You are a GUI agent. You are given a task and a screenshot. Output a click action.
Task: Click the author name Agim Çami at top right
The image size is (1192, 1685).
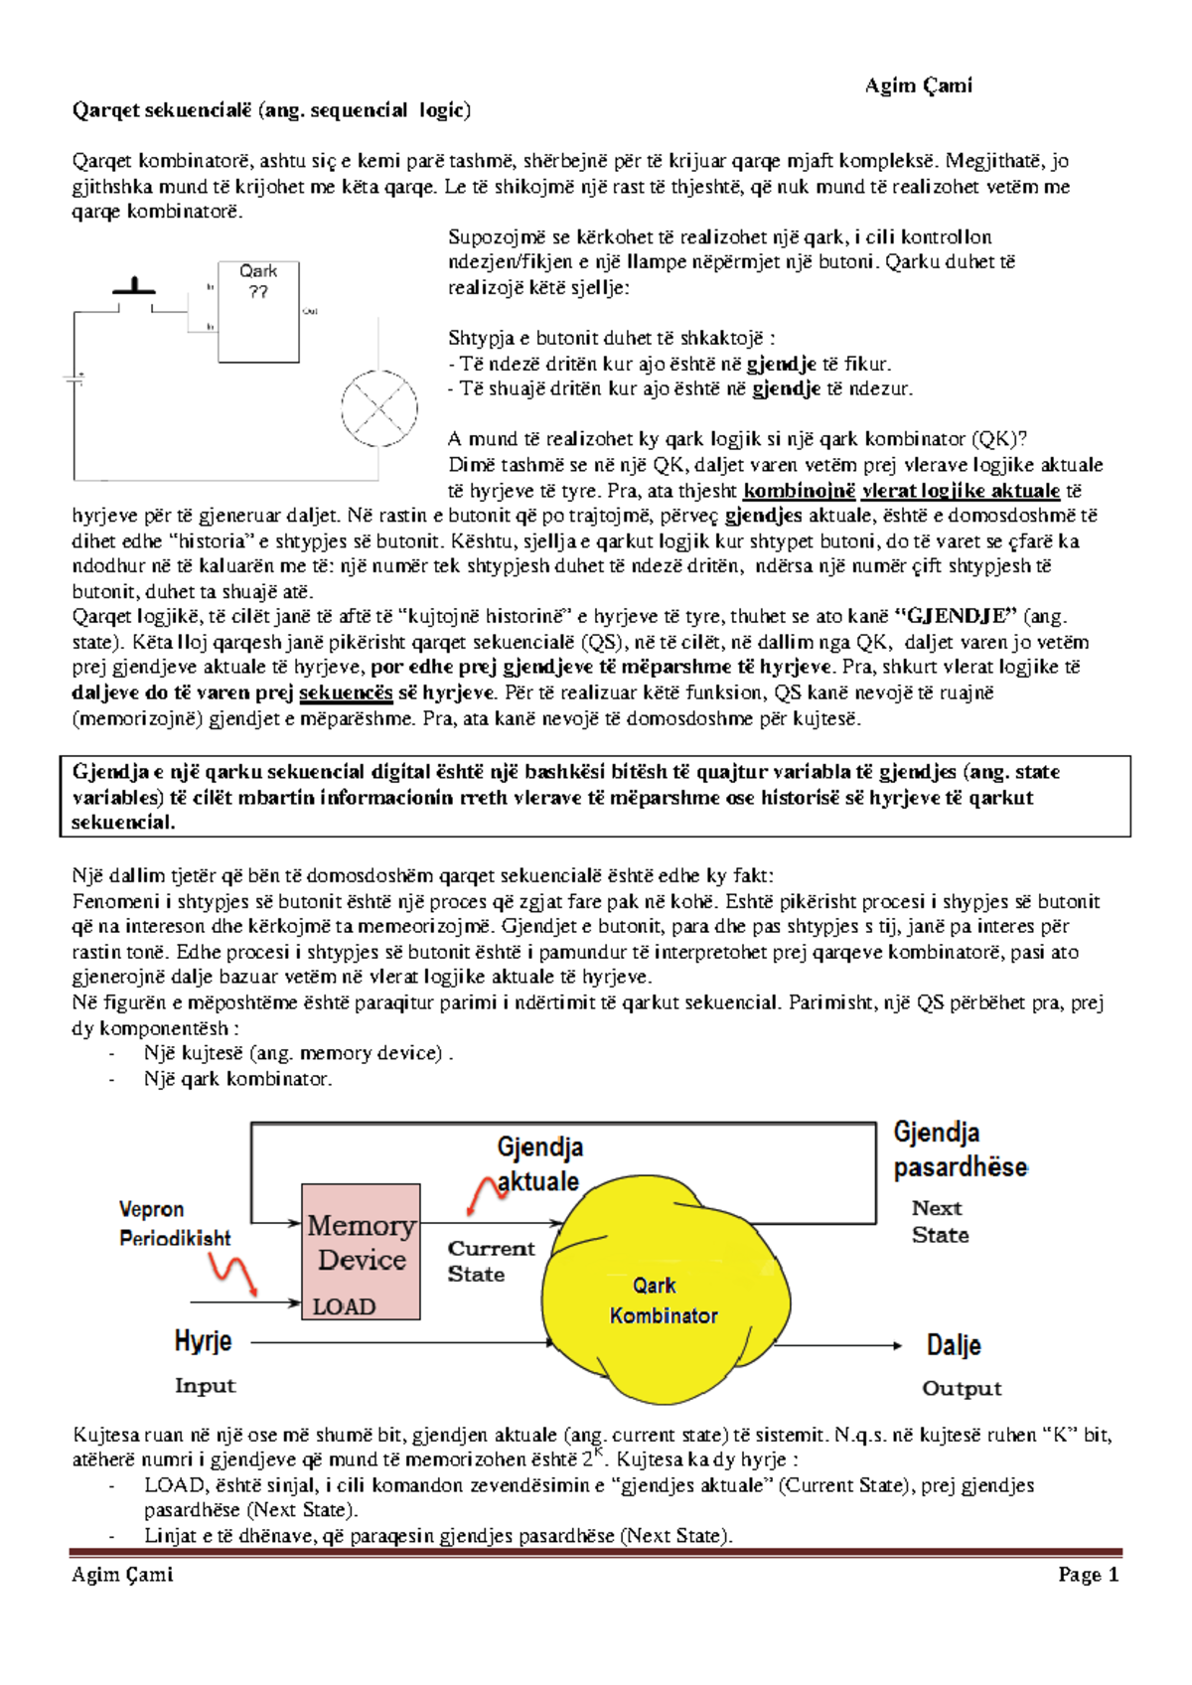(918, 85)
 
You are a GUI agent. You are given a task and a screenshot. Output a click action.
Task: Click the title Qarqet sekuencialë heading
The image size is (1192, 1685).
(270, 110)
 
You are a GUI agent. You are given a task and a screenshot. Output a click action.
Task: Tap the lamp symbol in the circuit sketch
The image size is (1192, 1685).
(379, 408)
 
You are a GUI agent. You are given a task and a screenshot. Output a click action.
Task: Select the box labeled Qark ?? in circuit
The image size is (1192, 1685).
(258, 311)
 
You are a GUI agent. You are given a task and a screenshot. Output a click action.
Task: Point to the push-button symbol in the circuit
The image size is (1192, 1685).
(134, 288)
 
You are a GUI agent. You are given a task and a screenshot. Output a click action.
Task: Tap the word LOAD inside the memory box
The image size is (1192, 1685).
(344, 1306)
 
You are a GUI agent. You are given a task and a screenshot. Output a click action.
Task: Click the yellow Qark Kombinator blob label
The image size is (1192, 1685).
(663, 1301)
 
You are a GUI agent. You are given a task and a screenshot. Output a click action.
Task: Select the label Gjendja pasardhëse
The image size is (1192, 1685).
(959, 1149)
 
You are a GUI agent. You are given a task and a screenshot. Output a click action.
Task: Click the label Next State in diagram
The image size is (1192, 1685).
(940, 1222)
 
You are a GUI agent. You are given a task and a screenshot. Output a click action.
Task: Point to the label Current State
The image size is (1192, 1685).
(490, 1261)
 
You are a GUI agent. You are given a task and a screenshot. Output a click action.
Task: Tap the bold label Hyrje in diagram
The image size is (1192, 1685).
(203, 1341)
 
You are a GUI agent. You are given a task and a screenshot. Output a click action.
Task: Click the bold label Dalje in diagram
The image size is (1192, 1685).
(954, 1345)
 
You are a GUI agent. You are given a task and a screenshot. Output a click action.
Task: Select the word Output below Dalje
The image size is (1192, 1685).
(962, 1389)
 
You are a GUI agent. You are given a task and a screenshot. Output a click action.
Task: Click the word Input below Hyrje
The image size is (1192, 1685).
(205, 1386)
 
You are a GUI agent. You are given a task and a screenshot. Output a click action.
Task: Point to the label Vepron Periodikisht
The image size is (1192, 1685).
(174, 1223)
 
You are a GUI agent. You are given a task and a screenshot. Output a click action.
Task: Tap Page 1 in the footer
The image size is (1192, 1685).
(1088, 1575)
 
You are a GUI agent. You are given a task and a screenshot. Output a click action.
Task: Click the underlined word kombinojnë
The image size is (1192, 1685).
(799, 491)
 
